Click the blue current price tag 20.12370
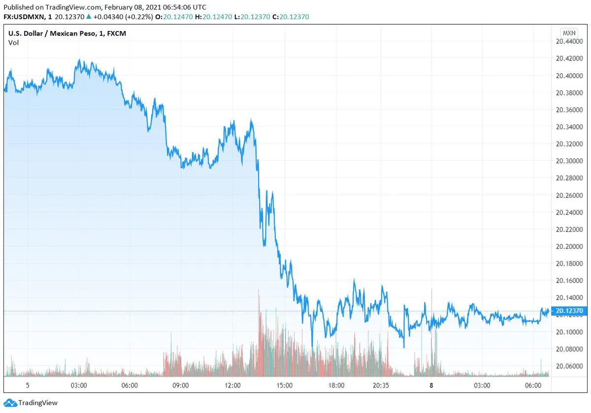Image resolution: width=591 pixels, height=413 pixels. click(569, 311)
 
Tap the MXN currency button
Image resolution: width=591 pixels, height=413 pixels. click(569, 33)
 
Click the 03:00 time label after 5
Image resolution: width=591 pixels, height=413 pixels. click(79, 385)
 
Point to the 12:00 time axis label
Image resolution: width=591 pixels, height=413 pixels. click(232, 385)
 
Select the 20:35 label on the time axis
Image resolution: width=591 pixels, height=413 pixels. click(381, 385)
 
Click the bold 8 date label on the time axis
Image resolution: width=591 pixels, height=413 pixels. click(431, 385)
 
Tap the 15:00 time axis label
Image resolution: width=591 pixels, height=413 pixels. click(284, 385)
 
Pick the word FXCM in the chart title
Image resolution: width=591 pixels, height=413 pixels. click(116, 33)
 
